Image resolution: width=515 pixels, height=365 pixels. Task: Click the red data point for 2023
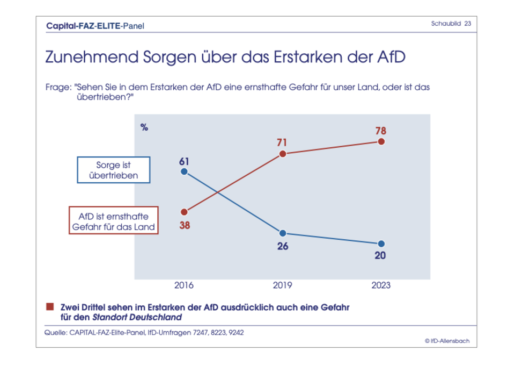(381, 141)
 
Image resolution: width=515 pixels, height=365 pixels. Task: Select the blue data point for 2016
(184, 171)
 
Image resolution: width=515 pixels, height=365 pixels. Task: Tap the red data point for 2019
(283, 154)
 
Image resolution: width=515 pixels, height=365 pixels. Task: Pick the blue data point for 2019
(283, 233)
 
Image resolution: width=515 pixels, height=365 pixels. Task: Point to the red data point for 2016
(184, 212)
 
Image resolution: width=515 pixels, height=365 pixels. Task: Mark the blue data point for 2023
(381, 244)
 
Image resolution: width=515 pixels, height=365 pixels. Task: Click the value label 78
(381, 131)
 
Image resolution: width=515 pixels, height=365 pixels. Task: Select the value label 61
(184, 161)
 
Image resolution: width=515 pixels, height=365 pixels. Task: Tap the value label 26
(283, 246)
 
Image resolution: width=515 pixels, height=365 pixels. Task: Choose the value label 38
(184, 226)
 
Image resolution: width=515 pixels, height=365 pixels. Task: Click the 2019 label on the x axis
(283, 285)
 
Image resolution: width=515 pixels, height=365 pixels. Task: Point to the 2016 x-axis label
(184, 285)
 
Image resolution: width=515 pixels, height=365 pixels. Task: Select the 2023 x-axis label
(381, 285)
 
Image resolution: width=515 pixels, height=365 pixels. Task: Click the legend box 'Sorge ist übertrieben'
(114, 170)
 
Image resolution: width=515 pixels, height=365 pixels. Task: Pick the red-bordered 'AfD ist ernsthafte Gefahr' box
(114, 221)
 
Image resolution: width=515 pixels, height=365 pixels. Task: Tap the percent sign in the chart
(144, 127)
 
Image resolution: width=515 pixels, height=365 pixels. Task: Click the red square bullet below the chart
(50, 306)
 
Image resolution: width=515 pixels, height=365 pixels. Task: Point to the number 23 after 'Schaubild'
(468, 24)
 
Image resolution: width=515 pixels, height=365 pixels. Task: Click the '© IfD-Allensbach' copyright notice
(447, 341)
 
